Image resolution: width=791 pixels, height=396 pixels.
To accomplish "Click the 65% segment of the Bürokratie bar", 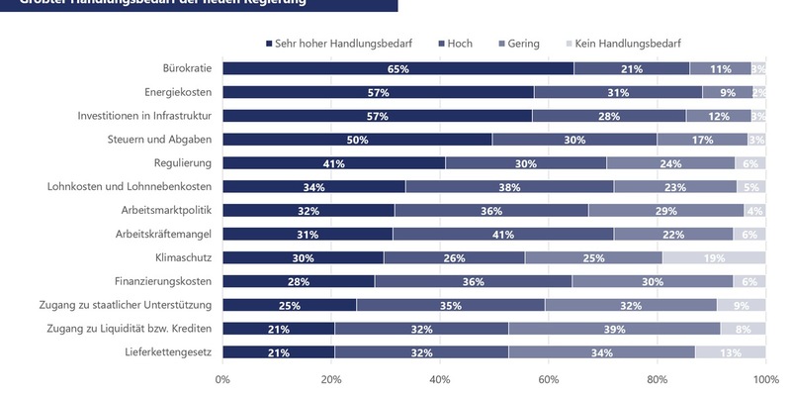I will tap(397, 68).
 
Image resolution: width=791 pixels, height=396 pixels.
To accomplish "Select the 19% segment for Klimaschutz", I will tap(714, 257).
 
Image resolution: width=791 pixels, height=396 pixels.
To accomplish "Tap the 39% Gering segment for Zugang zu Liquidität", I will tap(614, 329).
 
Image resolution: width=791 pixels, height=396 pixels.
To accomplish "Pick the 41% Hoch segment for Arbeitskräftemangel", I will tap(503, 234).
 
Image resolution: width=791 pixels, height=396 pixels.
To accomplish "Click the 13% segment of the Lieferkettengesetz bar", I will tap(730, 352).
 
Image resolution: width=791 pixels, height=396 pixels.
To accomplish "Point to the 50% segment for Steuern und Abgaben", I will tap(357, 140).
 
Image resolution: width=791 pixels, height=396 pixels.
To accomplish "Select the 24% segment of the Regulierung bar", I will tap(671, 163).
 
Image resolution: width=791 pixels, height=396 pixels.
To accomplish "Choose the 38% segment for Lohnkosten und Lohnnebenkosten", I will tap(509, 187).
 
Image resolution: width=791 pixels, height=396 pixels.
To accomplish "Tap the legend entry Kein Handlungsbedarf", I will tap(622, 44).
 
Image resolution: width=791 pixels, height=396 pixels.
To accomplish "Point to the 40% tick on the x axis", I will tap(440, 379).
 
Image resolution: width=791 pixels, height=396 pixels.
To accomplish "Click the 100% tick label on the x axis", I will tap(765, 379).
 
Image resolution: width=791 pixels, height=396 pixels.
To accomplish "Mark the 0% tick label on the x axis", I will tap(222, 379).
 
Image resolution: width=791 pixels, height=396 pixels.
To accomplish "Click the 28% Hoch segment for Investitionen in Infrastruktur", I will tap(609, 116).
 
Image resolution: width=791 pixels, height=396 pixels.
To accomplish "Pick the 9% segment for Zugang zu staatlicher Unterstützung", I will tap(741, 305).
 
